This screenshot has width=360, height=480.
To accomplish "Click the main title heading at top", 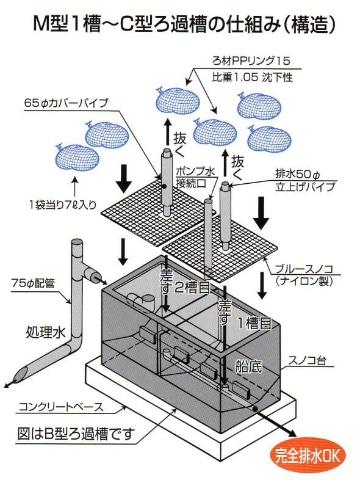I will (180, 24).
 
